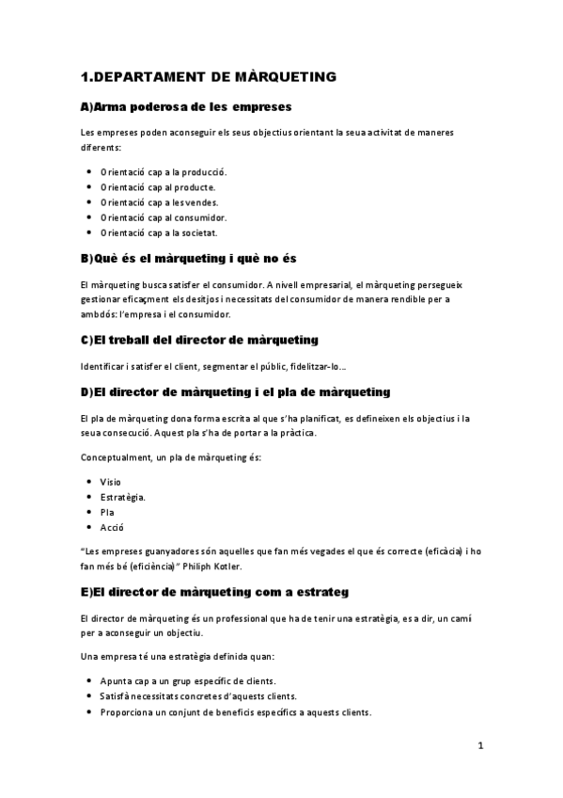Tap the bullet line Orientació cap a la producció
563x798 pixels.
(164, 172)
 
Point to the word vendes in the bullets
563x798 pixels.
(200, 202)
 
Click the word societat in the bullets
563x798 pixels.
(195, 232)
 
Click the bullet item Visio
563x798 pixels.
(110, 482)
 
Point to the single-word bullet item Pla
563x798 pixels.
(106, 512)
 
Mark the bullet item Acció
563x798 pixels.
(111, 528)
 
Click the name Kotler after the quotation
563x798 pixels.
(228, 567)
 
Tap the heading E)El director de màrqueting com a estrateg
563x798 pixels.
(215, 592)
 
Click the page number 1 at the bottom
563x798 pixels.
(479, 747)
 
